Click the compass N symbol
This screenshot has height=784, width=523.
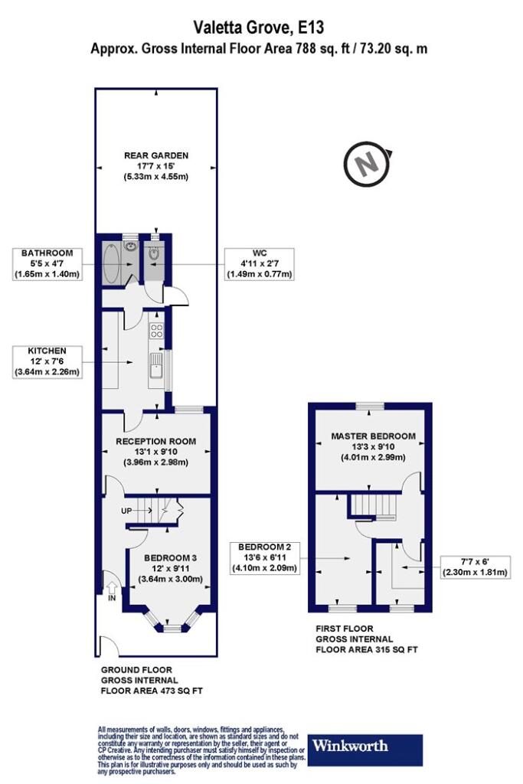point(367,165)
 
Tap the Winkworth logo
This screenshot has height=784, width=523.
point(365,750)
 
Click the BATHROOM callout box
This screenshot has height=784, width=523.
point(47,264)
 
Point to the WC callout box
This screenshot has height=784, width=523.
point(260,264)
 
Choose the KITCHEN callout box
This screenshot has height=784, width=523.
point(47,361)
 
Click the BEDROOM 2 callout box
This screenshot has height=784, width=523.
point(264,558)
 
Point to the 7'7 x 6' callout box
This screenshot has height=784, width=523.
point(475,567)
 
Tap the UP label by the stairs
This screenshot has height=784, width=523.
point(126,511)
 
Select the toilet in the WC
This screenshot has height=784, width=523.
point(154,253)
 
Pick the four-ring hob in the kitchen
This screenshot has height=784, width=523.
point(156,331)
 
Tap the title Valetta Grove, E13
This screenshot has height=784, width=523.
point(259,28)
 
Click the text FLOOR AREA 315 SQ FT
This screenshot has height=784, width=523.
point(367,650)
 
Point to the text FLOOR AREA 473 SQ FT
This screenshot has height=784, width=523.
point(152,691)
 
